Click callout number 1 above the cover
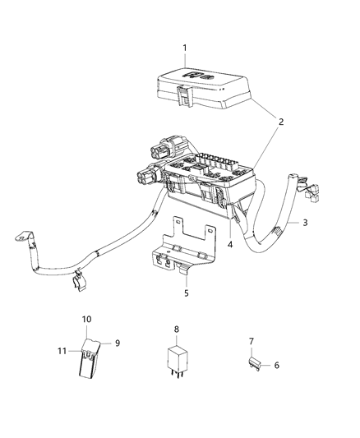coord(185,48)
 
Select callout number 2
coord(280,122)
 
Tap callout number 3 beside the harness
coord(305,223)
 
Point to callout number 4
coord(230,245)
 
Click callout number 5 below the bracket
coord(187,293)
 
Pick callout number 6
coord(276,365)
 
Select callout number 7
coord(252,341)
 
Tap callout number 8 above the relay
coord(177,330)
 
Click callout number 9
coord(118,343)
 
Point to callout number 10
coord(86,319)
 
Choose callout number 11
coord(62,351)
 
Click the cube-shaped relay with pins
coord(177,361)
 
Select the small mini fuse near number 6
coord(255,364)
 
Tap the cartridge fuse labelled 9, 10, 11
coord(90,358)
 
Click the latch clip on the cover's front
coord(185,95)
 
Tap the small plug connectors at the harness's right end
coord(311,192)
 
